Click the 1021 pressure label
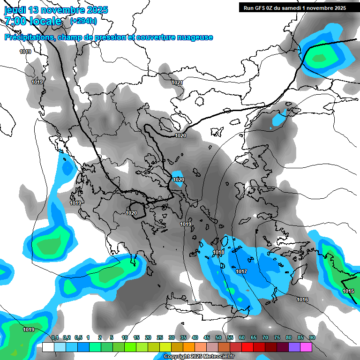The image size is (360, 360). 177,82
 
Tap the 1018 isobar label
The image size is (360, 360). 218,253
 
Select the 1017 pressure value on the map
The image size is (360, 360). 241,272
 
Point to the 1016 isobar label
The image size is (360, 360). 302,300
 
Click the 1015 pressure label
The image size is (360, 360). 348,291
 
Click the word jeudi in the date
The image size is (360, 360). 16,10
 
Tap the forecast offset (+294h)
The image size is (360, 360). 83,21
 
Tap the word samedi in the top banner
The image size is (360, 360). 299,8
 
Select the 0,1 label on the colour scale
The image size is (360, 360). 54,337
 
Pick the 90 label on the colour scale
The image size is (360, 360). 312,337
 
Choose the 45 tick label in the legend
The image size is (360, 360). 207,337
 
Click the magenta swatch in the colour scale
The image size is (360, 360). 306,347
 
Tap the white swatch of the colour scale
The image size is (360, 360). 48,347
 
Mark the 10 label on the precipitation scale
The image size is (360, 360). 125,337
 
